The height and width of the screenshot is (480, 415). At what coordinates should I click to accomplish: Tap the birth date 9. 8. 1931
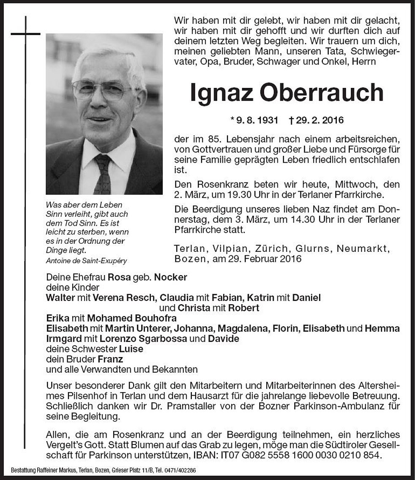coord(254,121)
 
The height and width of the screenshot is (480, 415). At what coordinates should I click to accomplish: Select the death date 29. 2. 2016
coord(317,121)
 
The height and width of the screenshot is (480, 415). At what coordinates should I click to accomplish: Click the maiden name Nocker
coord(170,277)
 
